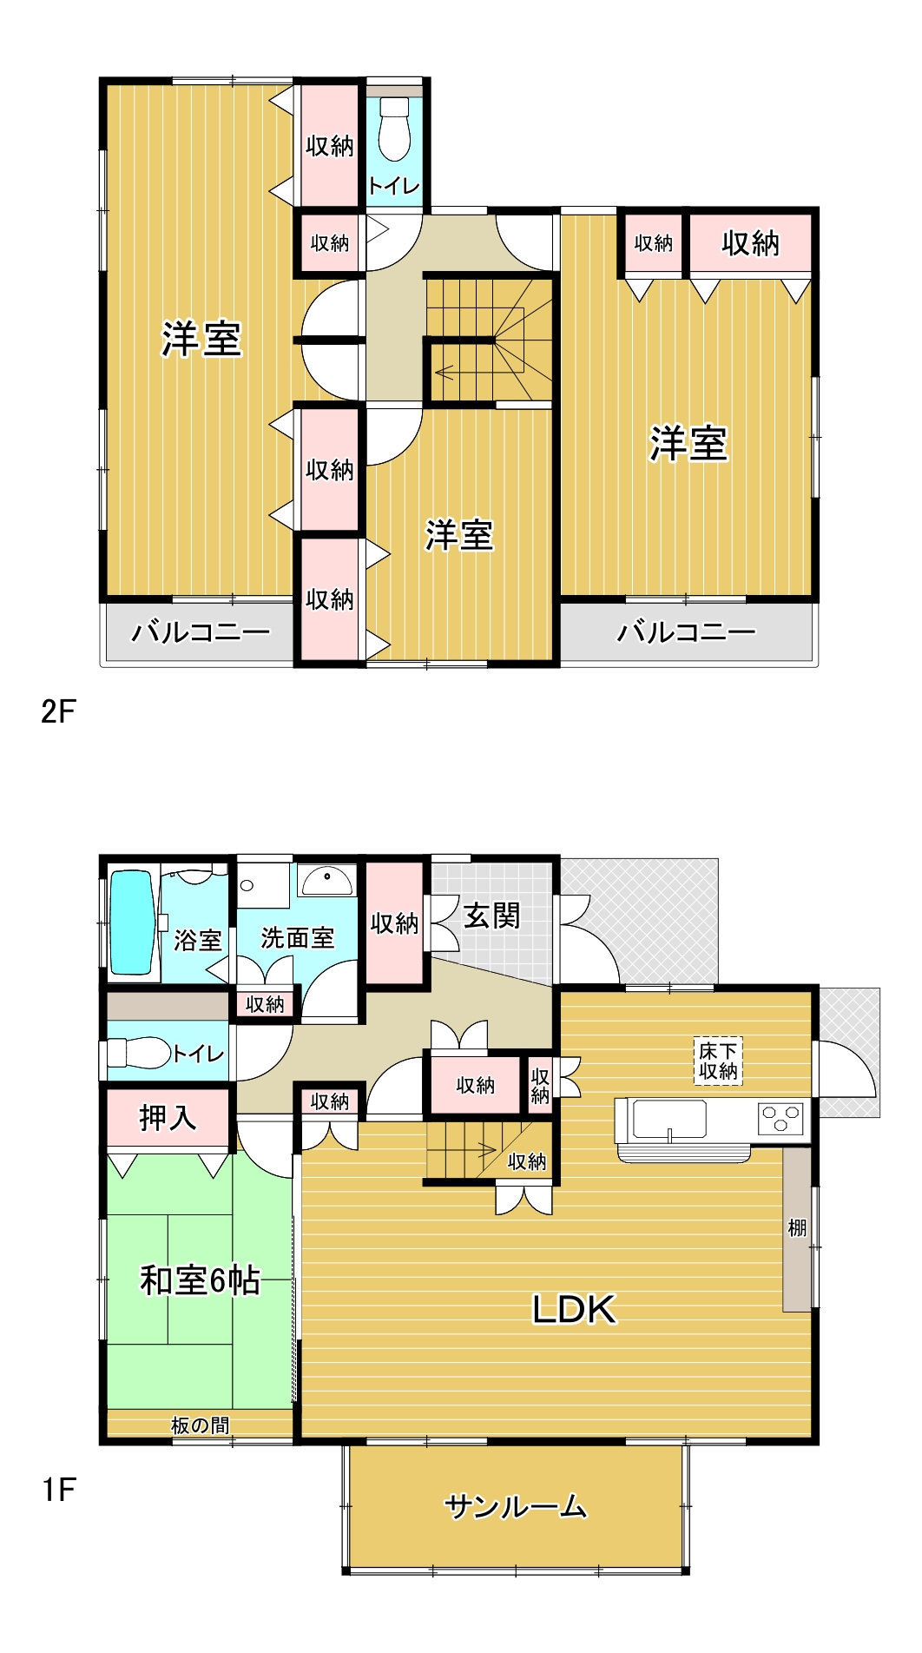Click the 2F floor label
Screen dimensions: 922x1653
[58, 711]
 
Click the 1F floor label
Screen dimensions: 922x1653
[58, 1491]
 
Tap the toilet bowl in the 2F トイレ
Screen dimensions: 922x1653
[394, 129]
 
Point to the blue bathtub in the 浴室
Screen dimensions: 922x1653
[132, 922]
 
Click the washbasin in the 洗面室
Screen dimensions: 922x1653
[326, 880]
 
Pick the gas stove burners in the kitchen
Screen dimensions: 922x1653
[781, 1118]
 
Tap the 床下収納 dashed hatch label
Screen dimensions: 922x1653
[719, 1061]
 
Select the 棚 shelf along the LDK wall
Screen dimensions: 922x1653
[797, 1228]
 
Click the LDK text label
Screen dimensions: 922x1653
[574, 1309]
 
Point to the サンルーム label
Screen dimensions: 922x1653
[516, 1507]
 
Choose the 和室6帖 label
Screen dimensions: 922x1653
[201, 1280]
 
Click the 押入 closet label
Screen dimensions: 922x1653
[168, 1118]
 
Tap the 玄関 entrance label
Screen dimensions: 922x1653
[491, 916]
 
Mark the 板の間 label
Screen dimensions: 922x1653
[201, 1425]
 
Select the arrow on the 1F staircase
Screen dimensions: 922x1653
[486, 1152]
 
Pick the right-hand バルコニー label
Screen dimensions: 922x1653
[687, 631]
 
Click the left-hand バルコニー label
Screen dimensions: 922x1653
[201, 631]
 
